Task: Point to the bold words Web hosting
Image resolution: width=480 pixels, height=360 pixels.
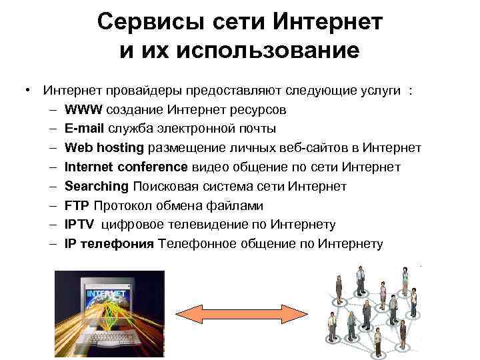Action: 105,147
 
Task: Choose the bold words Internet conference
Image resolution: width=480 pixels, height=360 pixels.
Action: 127,167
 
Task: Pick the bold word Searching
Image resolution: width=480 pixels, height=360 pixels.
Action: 96,186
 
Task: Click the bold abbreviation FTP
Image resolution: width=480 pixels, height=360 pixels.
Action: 77,205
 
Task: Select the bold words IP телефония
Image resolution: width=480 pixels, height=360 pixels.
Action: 109,244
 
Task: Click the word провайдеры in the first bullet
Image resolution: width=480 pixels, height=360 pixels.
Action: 131,91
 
